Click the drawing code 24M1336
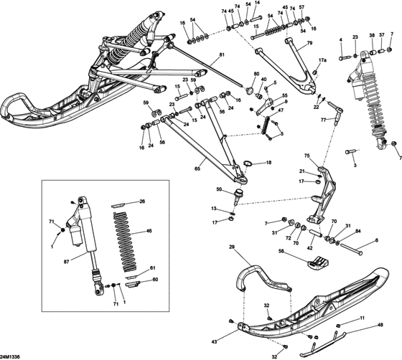(10, 356)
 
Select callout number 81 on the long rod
(222, 55)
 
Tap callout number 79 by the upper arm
(310, 44)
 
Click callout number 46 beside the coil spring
(149, 232)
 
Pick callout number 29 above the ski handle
(232, 247)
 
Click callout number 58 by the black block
(281, 251)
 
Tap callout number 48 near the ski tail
(380, 325)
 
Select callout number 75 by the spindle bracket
(307, 156)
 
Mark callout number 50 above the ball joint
(219, 189)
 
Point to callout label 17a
(322, 61)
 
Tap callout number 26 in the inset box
(142, 202)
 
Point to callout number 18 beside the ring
(269, 163)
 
